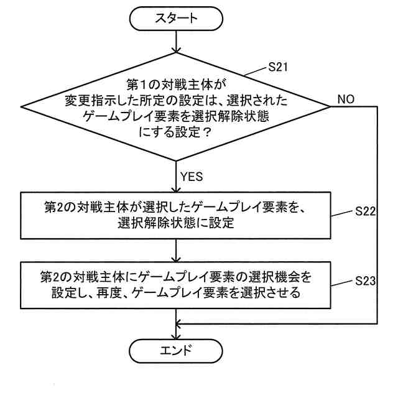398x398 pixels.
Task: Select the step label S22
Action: point(365,212)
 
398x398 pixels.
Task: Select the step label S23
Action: point(365,281)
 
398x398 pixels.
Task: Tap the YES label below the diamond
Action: point(192,177)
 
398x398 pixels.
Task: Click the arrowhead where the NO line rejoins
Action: point(182,323)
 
